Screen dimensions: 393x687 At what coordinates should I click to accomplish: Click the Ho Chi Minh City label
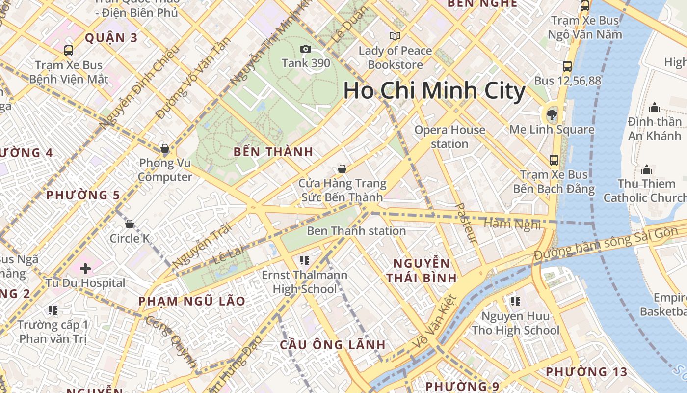click(434, 91)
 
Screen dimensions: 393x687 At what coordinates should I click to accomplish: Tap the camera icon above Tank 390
click(305, 49)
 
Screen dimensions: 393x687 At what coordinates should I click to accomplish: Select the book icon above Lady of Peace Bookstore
click(395, 36)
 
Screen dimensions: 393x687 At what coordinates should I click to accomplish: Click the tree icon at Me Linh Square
click(552, 115)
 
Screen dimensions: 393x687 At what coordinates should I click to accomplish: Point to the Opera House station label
click(449, 137)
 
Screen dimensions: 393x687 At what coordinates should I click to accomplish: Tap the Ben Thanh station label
click(356, 231)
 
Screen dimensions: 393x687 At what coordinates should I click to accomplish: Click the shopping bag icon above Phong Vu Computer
click(165, 148)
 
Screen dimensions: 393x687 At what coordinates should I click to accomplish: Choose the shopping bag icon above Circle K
click(130, 225)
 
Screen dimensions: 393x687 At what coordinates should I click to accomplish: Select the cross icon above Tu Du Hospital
click(85, 269)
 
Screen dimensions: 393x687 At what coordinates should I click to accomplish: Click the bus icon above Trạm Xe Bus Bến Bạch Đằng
click(554, 160)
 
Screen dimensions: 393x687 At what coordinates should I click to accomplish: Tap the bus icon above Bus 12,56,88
click(567, 66)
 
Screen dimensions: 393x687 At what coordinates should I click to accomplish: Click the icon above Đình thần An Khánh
click(654, 108)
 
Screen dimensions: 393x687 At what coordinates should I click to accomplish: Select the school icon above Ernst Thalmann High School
click(304, 260)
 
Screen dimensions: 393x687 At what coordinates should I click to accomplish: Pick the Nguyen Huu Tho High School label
click(515, 323)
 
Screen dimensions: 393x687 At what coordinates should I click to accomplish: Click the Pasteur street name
click(466, 223)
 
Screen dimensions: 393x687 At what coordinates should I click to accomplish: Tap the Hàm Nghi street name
click(512, 225)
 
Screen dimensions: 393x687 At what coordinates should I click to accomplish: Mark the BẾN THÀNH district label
click(273, 152)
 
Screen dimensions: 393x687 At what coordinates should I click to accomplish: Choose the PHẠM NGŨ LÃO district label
click(192, 301)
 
